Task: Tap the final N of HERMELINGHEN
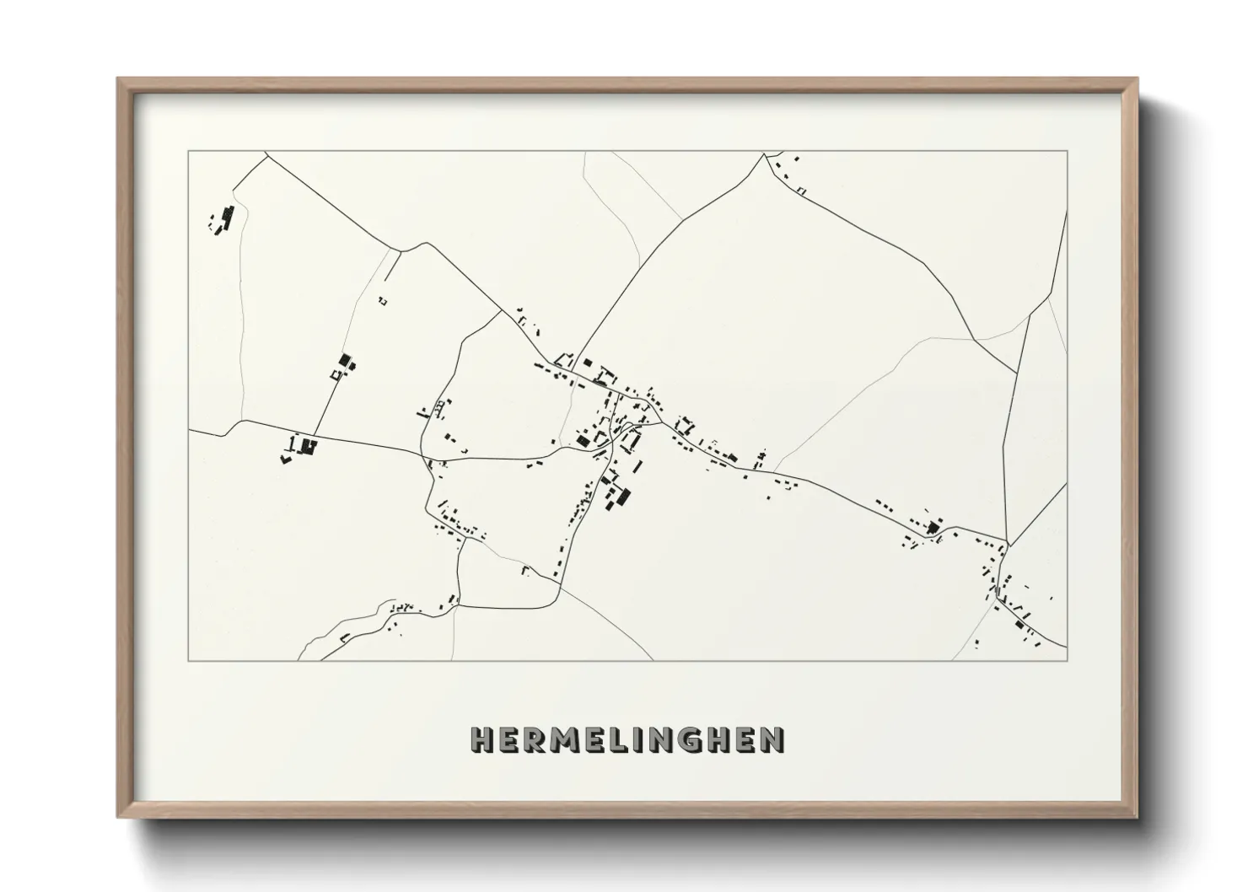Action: [772, 739]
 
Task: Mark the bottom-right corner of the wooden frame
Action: [1138, 819]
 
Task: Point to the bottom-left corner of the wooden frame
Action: [118, 819]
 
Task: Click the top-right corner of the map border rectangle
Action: [1068, 151]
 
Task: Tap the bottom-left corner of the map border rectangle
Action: [189, 661]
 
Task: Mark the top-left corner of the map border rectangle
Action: [189, 151]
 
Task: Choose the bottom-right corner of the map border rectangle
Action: [1068, 661]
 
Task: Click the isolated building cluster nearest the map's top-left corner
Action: [223, 220]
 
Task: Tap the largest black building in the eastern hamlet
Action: [933, 529]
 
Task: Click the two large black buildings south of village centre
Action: [619, 495]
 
